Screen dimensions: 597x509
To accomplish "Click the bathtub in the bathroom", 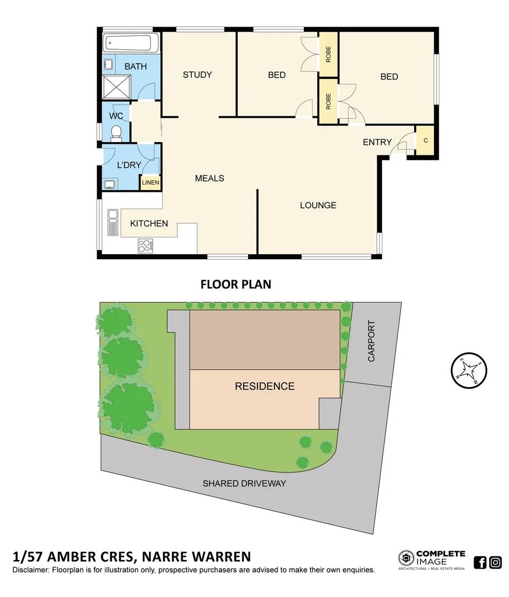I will (131, 42).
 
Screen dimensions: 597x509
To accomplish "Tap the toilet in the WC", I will (116, 132).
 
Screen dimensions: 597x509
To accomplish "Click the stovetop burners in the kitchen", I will (145, 245).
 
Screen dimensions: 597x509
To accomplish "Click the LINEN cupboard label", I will (150, 182).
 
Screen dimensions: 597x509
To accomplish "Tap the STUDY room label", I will (197, 75).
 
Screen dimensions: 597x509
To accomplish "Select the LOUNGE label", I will (318, 205).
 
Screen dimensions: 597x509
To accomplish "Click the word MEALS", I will (209, 178).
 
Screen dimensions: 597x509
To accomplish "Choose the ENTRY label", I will (377, 142).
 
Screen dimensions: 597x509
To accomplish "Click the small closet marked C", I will (425, 140).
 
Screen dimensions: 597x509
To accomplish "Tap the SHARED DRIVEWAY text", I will (244, 483).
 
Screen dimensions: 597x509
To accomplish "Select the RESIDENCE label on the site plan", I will (265, 386).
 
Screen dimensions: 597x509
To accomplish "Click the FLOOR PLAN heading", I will (235, 285).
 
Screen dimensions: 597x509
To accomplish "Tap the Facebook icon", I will (480, 563).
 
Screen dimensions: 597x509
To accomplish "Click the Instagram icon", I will (496, 563).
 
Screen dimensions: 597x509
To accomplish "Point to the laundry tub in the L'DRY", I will (110, 184).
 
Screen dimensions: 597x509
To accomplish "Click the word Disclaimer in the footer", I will (30, 569).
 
